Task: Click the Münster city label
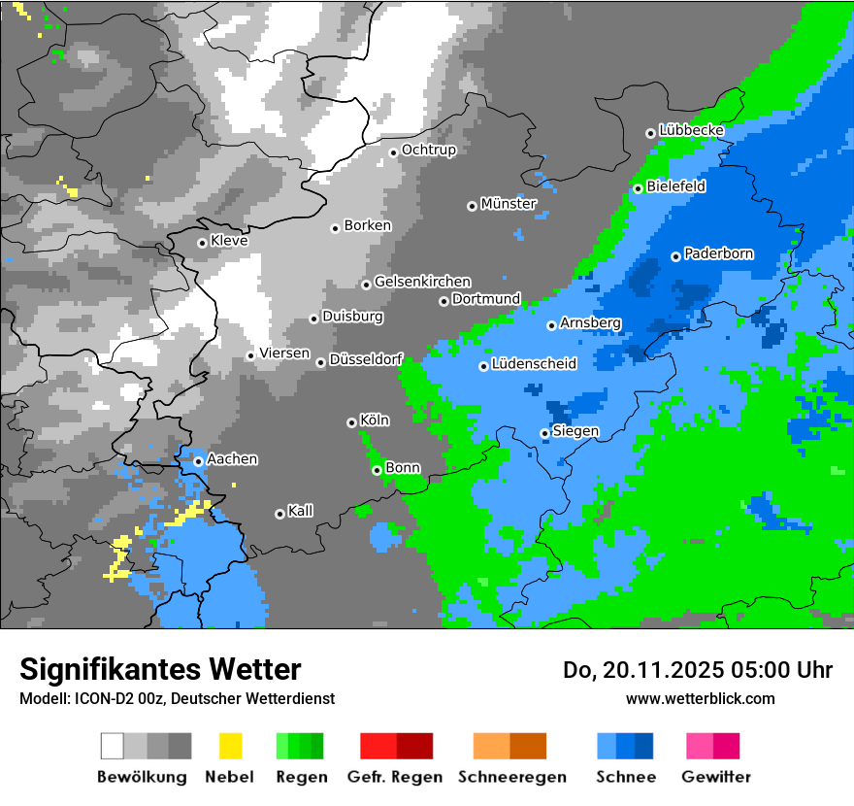(x=509, y=204)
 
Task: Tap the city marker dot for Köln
(x=351, y=422)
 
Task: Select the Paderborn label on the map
(x=718, y=254)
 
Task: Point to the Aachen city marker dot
(x=198, y=461)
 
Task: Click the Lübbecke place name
(x=691, y=130)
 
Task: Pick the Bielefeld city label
(x=675, y=186)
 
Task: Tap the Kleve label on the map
(x=229, y=241)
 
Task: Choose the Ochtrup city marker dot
(x=393, y=151)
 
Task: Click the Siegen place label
(x=575, y=431)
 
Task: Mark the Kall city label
(x=300, y=511)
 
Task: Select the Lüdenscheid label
(x=534, y=364)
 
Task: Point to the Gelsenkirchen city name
(x=422, y=282)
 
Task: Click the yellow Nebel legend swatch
(x=230, y=746)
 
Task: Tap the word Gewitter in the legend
(x=716, y=777)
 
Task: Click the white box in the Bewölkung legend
(x=113, y=746)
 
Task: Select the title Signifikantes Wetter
(x=160, y=669)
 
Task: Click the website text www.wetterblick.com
(x=700, y=698)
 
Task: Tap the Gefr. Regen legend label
(x=395, y=777)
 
